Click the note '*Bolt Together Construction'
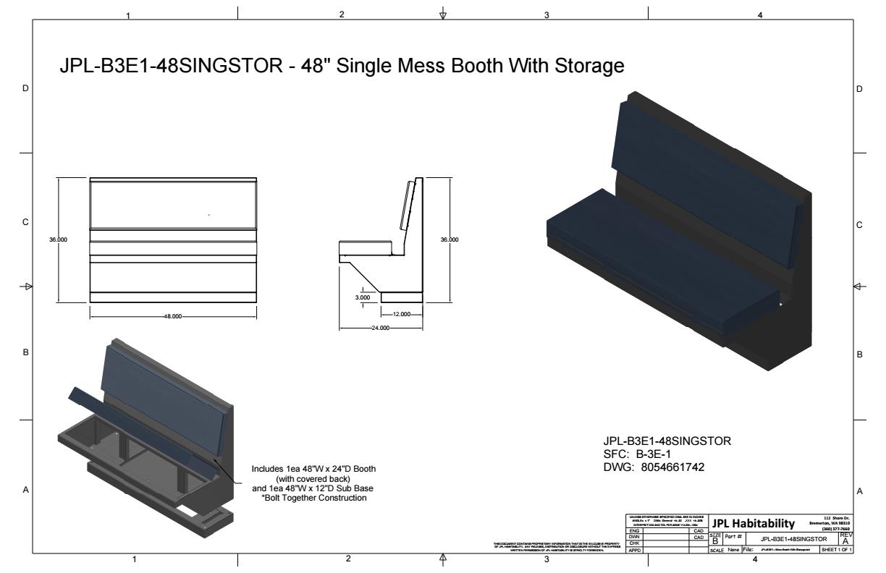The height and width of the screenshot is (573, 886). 313,497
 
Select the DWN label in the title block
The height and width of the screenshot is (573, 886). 635,537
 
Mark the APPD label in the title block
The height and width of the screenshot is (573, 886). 635,550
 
